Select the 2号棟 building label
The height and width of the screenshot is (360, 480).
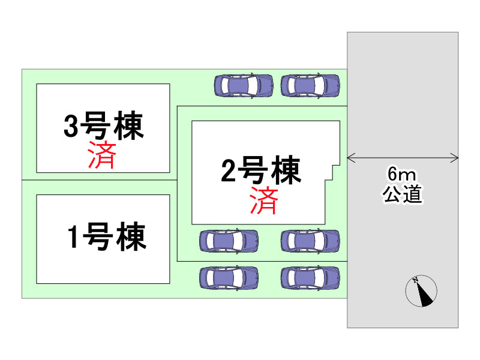pos(260,171)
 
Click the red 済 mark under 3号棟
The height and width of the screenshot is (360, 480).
pos(101,155)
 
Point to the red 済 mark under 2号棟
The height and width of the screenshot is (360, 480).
pos(264,201)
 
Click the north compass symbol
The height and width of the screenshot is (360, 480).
pos(421,292)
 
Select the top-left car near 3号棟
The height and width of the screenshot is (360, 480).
pos(244,85)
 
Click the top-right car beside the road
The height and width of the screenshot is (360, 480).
pos(310,85)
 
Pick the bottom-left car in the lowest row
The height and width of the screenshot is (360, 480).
pos(229,278)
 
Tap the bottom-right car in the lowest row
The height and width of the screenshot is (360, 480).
pos(310,278)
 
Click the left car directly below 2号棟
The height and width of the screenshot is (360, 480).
pos(229,241)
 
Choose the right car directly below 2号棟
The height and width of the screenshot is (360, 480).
pos(310,241)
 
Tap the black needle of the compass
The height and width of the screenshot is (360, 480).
pos(425,296)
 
